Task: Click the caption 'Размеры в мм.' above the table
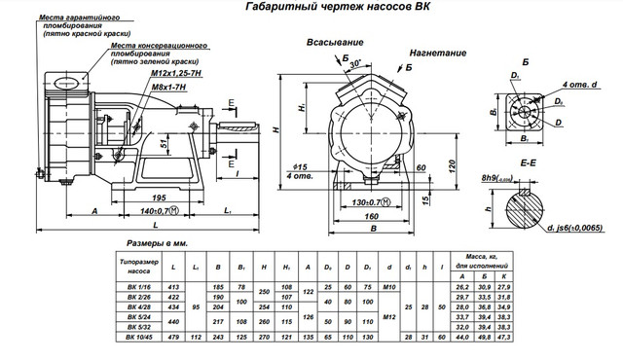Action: click(x=157, y=243)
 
